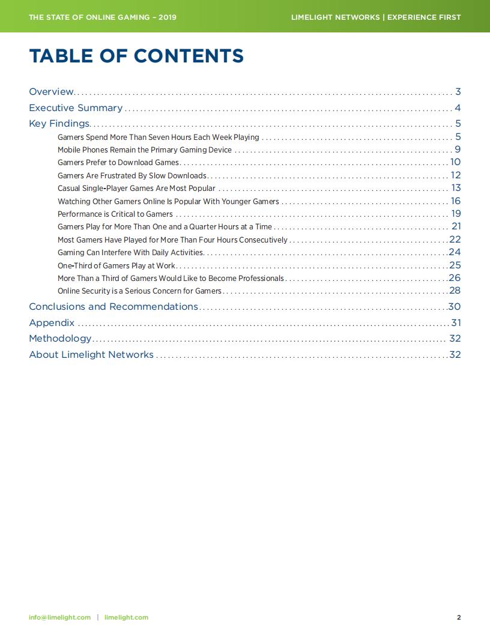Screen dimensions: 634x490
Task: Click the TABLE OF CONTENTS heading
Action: (136, 56)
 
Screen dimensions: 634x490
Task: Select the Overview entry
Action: (51, 92)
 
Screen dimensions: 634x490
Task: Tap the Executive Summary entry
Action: (76, 108)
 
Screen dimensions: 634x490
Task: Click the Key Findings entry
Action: (59, 124)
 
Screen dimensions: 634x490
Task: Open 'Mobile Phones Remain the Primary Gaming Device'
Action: (144, 150)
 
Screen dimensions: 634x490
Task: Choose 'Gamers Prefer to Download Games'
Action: (118, 163)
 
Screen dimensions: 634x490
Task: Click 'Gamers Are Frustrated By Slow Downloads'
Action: (132, 176)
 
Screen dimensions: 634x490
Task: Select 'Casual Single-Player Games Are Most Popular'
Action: (136, 189)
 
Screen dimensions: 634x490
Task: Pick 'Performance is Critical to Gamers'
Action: (115, 214)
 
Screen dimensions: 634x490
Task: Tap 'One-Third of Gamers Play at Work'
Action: (116, 265)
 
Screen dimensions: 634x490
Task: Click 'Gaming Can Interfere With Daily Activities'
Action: (130, 253)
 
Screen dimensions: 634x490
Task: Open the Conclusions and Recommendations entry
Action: (113, 307)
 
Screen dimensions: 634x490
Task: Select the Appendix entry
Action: (52, 322)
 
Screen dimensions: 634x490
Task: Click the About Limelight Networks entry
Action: (91, 355)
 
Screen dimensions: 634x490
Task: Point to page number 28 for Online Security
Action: (455, 291)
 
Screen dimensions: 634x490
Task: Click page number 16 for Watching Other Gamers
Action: (455, 201)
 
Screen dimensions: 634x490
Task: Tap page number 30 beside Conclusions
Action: (454, 307)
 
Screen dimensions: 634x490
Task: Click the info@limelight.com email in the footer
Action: (59, 617)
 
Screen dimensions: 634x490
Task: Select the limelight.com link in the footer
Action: (126, 617)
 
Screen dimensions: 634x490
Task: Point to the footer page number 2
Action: (459, 617)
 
